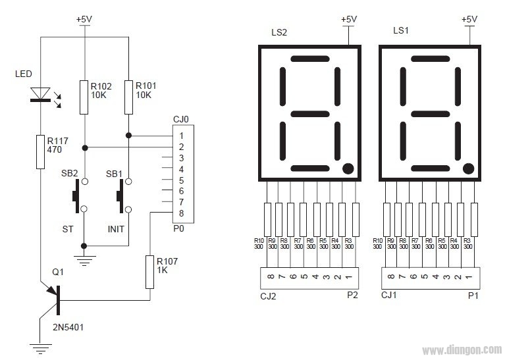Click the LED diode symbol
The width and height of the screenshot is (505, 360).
coord(40,95)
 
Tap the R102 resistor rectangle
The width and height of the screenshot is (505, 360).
coord(84,97)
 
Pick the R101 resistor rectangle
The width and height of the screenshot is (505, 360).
coord(129,97)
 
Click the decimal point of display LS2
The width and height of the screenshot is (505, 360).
coord(348,168)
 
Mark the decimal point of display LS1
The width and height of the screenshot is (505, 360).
coord(468,168)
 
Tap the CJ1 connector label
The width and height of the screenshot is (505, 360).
coord(390,296)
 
